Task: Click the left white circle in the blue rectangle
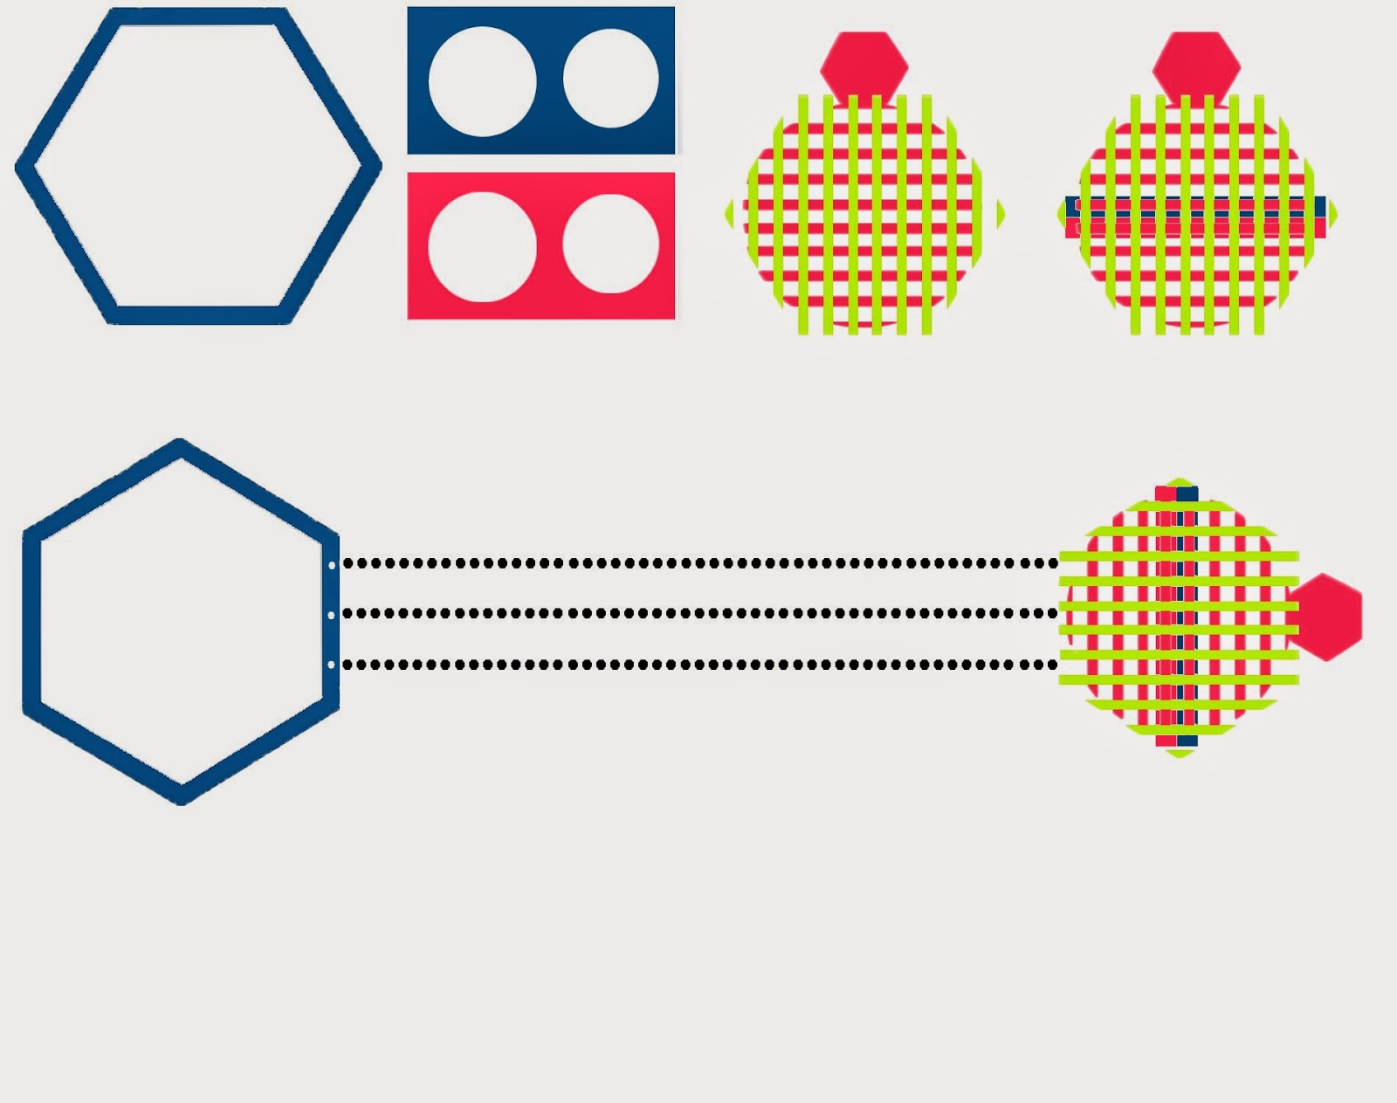[482, 81]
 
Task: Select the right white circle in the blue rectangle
[610, 79]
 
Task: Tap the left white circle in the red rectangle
[482, 247]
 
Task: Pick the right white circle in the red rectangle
[610, 244]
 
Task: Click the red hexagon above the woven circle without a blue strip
[864, 66]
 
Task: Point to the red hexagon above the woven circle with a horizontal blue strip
[1195, 66]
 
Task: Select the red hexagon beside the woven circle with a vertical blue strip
[1325, 617]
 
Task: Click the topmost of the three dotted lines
[698, 563]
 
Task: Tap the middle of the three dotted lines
[698, 613]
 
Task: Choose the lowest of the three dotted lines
[698, 665]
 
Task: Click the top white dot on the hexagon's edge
[332, 565]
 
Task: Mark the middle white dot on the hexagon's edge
[332, 615]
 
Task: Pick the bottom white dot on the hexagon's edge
[332, 665]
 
